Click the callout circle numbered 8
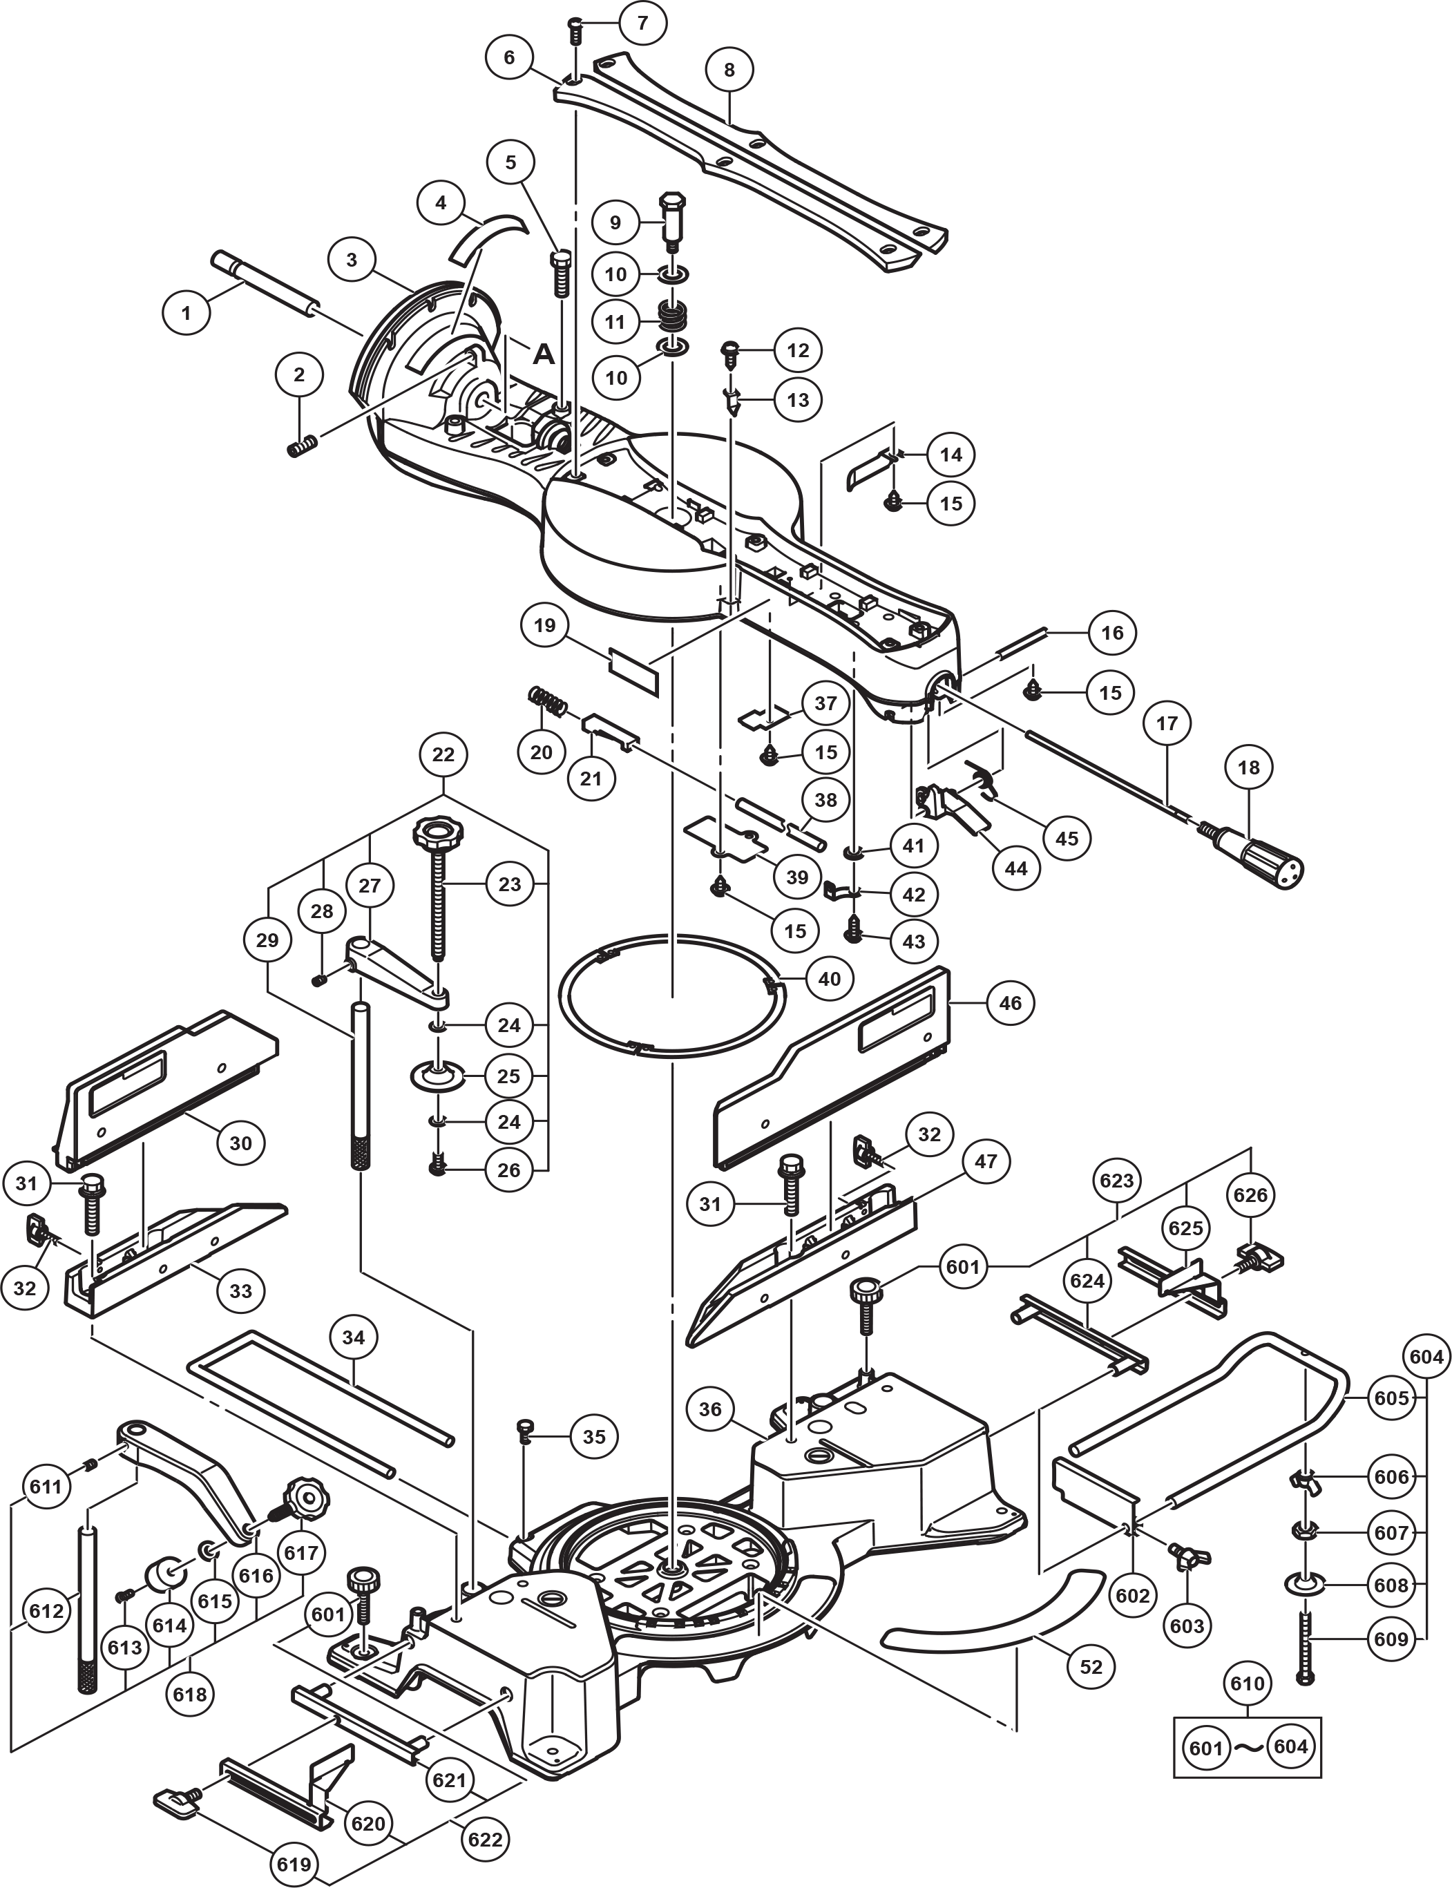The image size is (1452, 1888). click(729, 69)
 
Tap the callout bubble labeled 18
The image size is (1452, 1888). click(1249, 767)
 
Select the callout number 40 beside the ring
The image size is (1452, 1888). click(829, 979)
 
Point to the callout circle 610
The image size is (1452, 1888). click(1246, 1683)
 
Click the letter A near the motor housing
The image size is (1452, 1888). click(543, 354)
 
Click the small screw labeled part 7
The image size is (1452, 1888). click(575, 32)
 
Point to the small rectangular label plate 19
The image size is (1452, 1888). click(633, 670)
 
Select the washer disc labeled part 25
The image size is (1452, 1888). click(437, 1077)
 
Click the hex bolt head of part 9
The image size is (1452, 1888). click(671, 207)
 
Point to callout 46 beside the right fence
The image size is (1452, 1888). click(1009, 1003)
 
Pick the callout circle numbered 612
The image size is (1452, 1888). click(46, 1610)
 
